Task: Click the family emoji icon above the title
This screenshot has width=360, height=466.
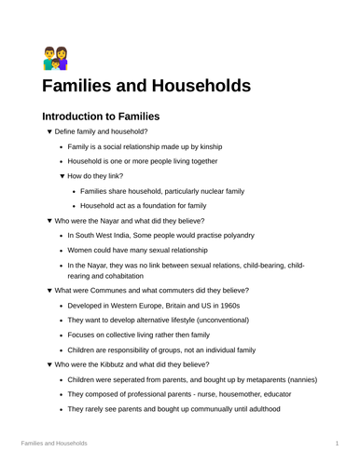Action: tap(55, 58)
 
